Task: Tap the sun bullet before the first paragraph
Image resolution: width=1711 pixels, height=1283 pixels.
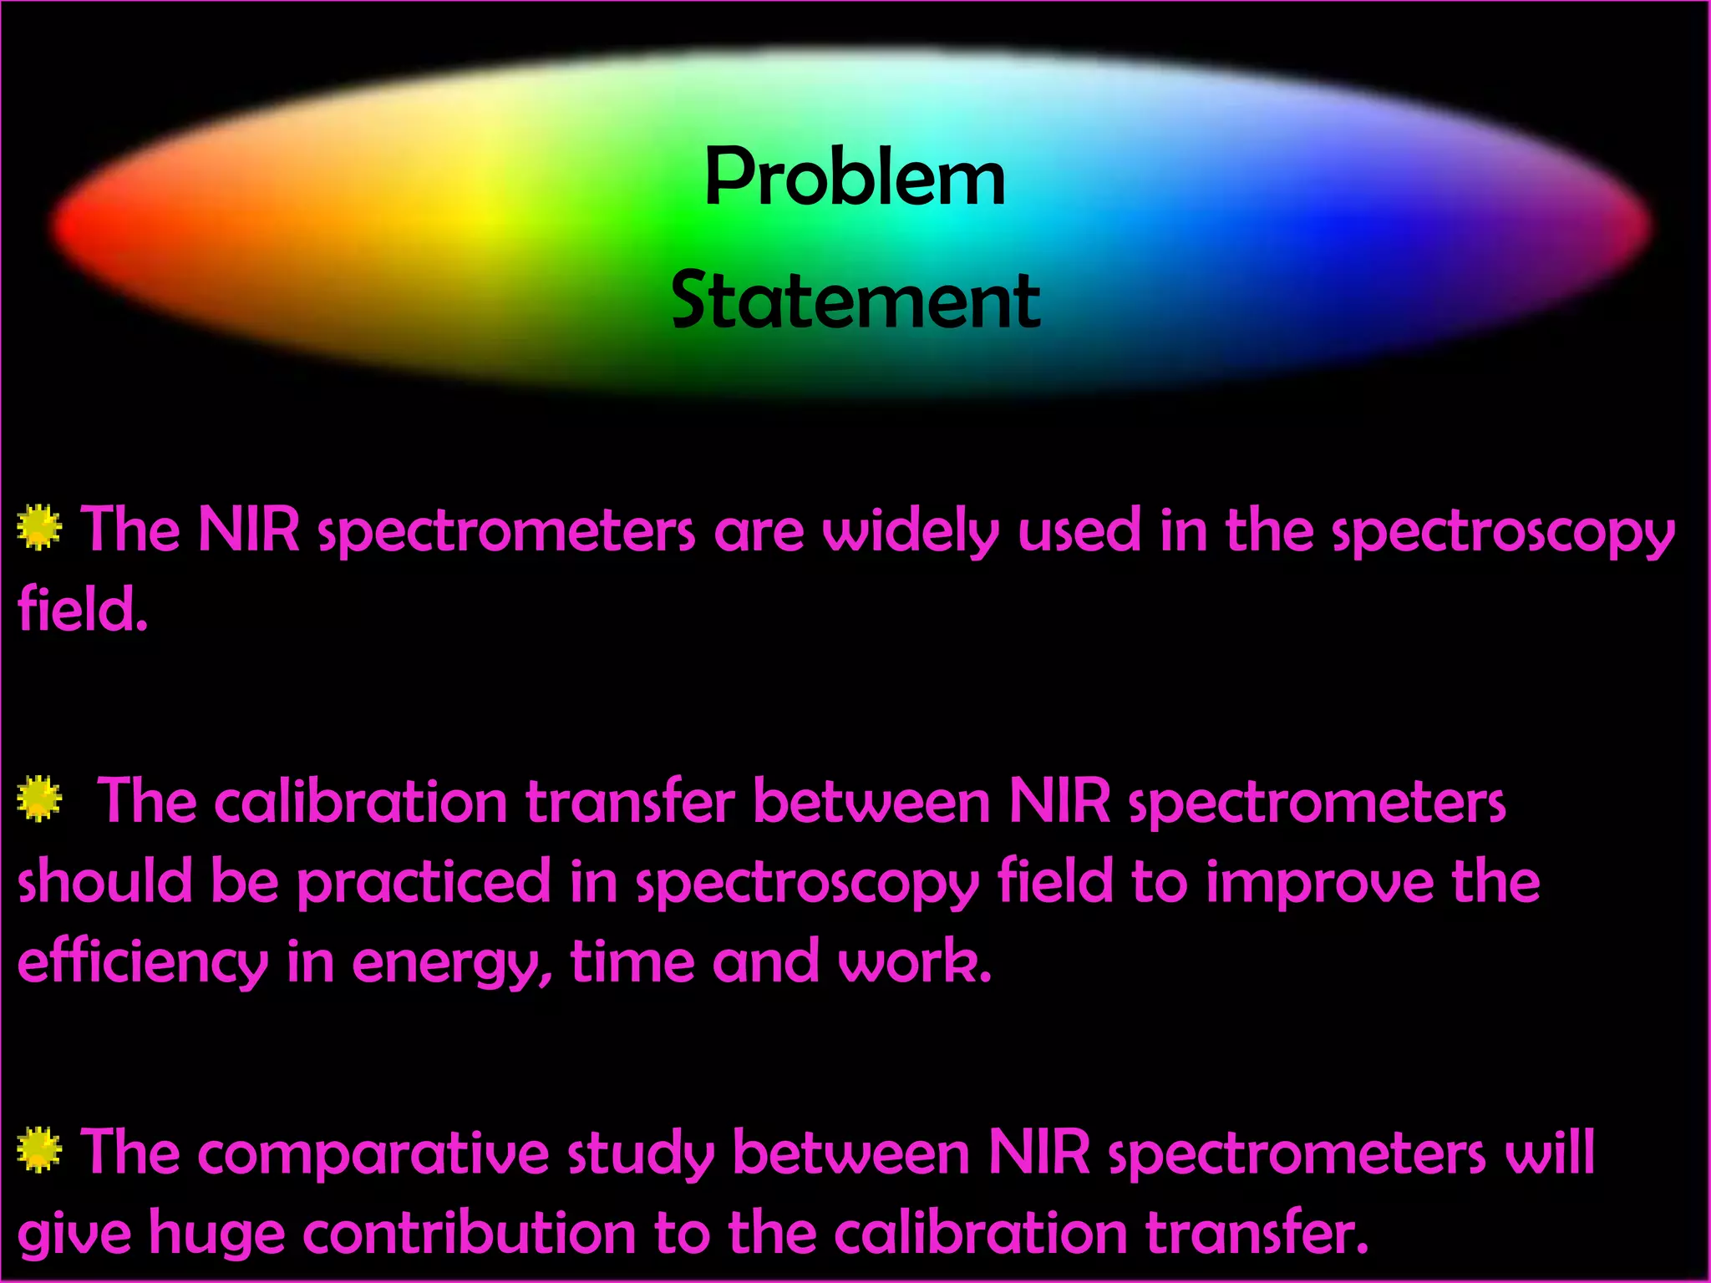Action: (39, 527)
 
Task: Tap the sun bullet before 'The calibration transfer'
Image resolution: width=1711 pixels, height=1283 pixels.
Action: (39, 799)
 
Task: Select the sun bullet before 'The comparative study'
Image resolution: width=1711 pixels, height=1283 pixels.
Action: (39, 1150)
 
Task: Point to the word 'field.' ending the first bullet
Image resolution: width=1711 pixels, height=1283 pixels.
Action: (82, 610)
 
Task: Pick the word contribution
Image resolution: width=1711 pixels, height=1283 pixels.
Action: (469, 1234)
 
